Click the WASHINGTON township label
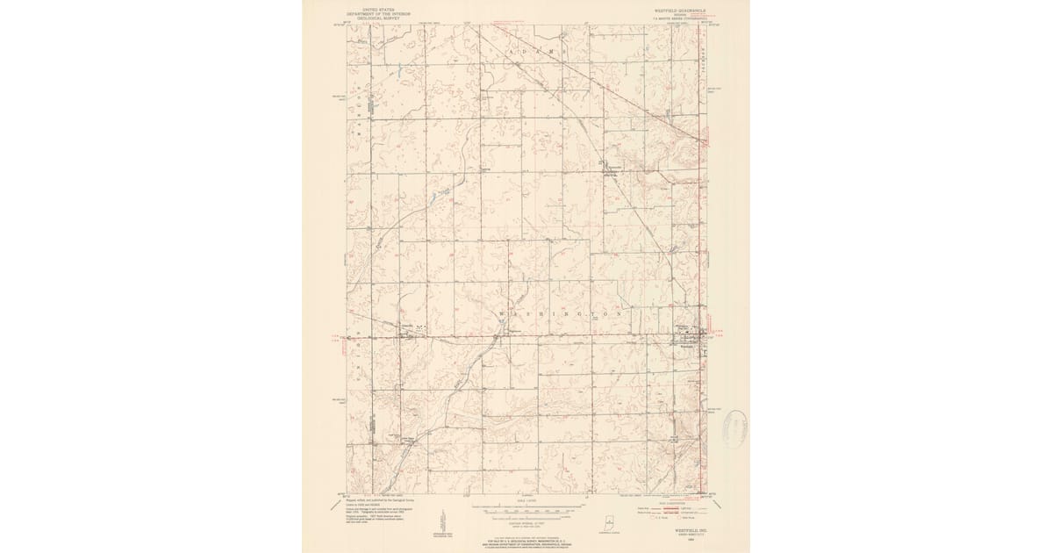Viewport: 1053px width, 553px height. pos(562,313)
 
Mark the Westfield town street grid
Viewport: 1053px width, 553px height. pos(693,336)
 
